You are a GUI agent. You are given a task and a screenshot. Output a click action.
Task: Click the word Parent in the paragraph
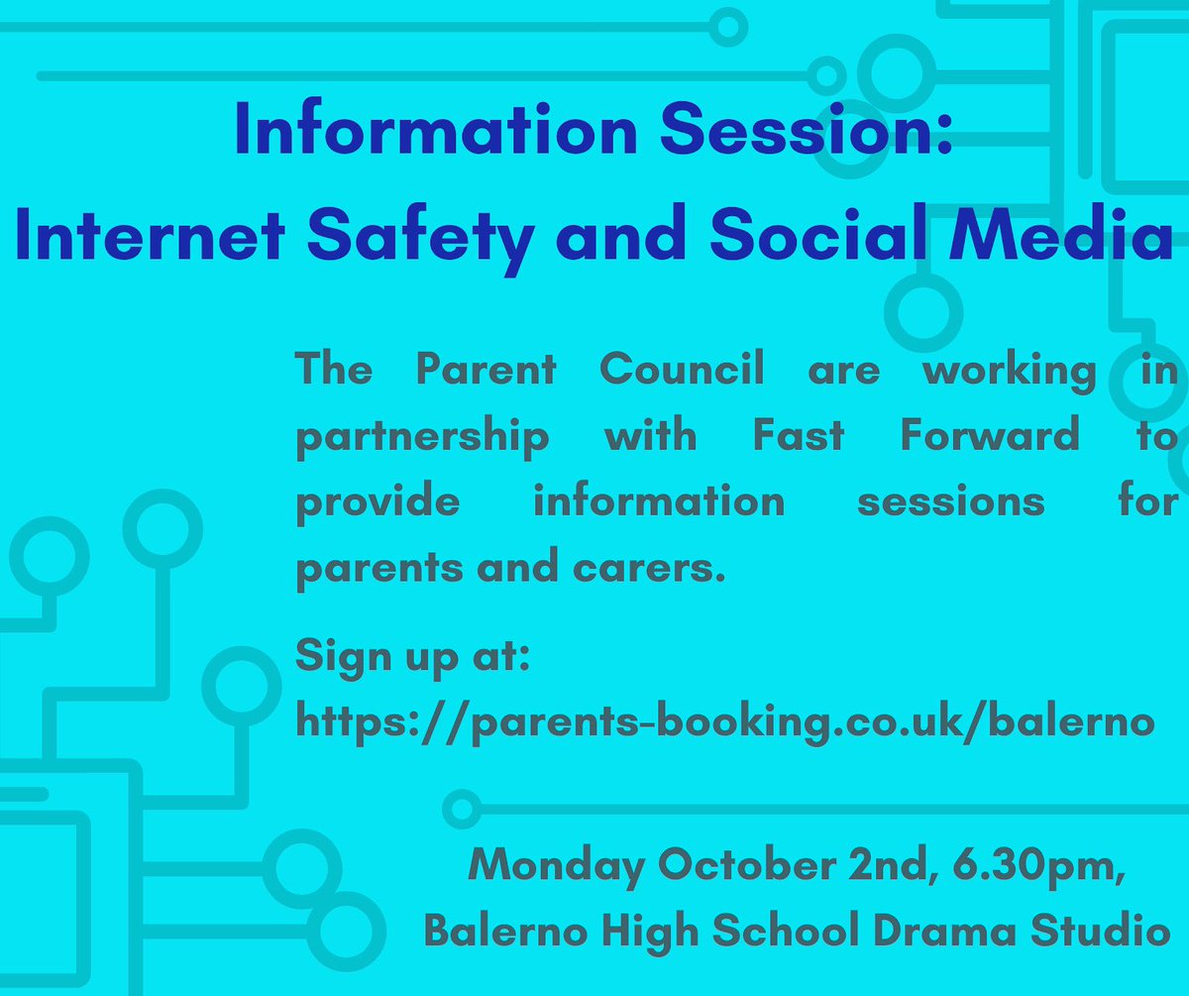(x=486, y=371)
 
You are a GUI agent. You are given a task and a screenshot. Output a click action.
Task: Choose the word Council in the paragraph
(x=682, y=371)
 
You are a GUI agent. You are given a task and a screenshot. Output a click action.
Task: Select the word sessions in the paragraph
(x=950, y=501)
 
